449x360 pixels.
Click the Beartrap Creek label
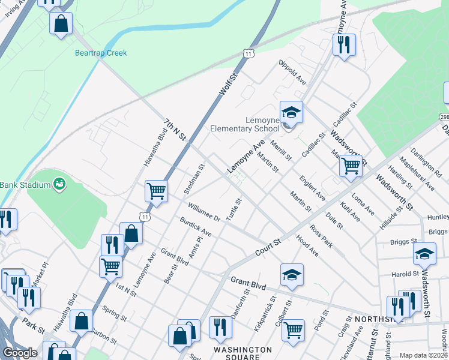(x=101, y=53)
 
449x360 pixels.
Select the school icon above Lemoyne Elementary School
(x=291, y=112)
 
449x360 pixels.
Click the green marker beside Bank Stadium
(x=59, y=183)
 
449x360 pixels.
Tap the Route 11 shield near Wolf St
(x=248, y=54)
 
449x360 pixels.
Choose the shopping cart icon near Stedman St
(x=156, y=191)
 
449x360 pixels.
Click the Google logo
(x=20, y=353)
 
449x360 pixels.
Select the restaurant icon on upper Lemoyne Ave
(x=344, y=44)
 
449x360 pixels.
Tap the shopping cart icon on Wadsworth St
(x=351, y=164)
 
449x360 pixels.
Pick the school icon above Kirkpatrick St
(x=292, y=274)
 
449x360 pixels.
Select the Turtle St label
(x=233, y=208)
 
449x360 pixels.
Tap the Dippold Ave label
(x=292, y=72)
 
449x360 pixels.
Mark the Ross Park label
(x=321, y=235)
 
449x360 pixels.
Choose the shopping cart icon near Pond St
(x=293, y=329)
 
